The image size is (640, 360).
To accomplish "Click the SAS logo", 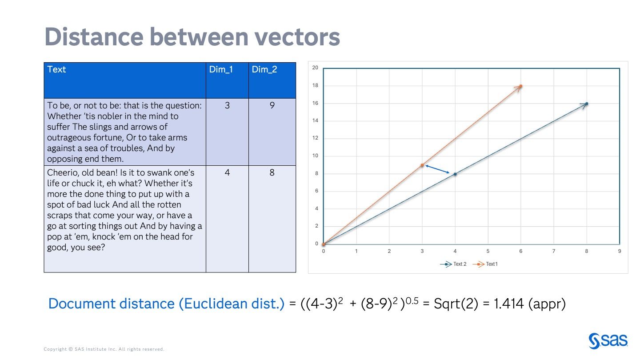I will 608,341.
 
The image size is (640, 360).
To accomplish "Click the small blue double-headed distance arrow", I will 437,169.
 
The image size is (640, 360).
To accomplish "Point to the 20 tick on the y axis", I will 315,68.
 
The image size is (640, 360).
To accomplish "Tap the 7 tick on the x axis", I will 554,251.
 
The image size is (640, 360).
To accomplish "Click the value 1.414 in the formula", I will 510,304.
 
